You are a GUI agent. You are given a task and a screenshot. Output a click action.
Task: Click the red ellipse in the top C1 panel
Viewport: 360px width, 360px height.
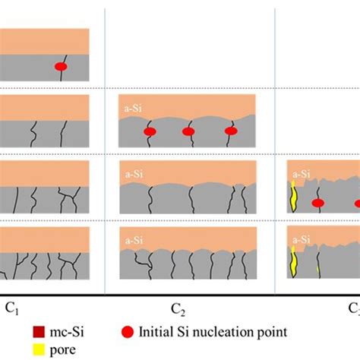pyautogui.click(x=62, y=68)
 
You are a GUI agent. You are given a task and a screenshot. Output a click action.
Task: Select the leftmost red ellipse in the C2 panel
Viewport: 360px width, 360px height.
pyautogui.click(x=150, y=132)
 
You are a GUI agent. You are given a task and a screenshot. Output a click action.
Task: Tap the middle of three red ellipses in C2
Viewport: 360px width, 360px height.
pyautogui.click(x=189, y=132)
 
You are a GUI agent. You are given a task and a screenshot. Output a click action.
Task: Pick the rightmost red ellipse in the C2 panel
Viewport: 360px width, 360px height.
pyautogui.click(x=230, y=132)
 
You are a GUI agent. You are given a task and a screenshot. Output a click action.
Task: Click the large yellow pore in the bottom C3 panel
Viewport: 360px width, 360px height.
pyautogui.click(x=293, y=262)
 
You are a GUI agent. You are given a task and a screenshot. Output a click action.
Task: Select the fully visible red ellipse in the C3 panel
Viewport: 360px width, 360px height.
pyautogui.click(x=319, y=203)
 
